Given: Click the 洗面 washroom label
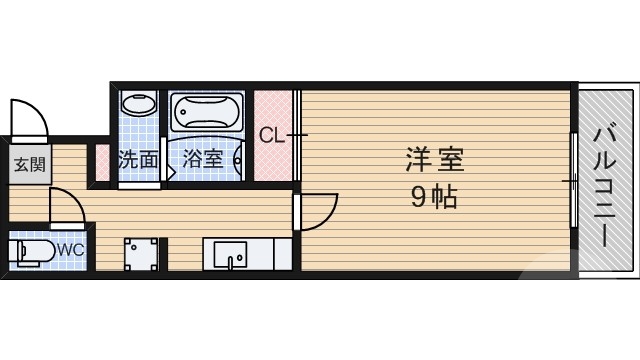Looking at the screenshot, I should pos(138,159).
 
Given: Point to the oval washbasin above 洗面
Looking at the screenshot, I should pos(138,105).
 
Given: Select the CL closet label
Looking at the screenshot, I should pos(272,135).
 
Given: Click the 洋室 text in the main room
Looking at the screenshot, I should pos(433,159).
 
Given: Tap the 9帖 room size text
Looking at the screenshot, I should pos(433,197).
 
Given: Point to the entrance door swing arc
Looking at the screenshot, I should pos(30,117).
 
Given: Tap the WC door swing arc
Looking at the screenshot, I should pos(67,207).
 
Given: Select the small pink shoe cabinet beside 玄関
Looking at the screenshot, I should pos(101,162).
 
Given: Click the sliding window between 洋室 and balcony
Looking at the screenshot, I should pos(574,180).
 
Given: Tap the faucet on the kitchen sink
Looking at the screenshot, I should pos(230,263).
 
